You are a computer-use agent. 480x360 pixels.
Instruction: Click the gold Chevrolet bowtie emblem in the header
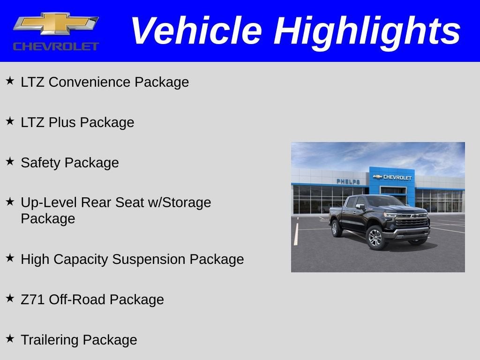pyautogui.click(x=55, y=23)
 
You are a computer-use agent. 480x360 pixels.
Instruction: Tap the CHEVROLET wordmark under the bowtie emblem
pyautogui.click(x=56, y=46)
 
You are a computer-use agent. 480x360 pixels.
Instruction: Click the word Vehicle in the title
pyautogui.click(x=196, y=31)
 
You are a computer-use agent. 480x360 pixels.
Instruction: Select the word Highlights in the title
pyautogui.click(x=367, y=31)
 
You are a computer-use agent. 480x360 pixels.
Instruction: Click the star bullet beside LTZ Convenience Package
pyautogui.click(x=10, y=81)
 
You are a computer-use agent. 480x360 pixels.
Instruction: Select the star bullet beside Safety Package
pyautogui.click(x=10, y=161)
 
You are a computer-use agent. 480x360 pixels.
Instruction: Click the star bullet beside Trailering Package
pyautogui.click(x=10, y=338)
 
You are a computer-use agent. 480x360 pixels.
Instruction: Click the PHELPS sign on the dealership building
pyautogui.click(x=348, y=181)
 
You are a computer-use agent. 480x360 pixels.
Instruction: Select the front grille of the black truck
pyautogui.click(x=412, y=221)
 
